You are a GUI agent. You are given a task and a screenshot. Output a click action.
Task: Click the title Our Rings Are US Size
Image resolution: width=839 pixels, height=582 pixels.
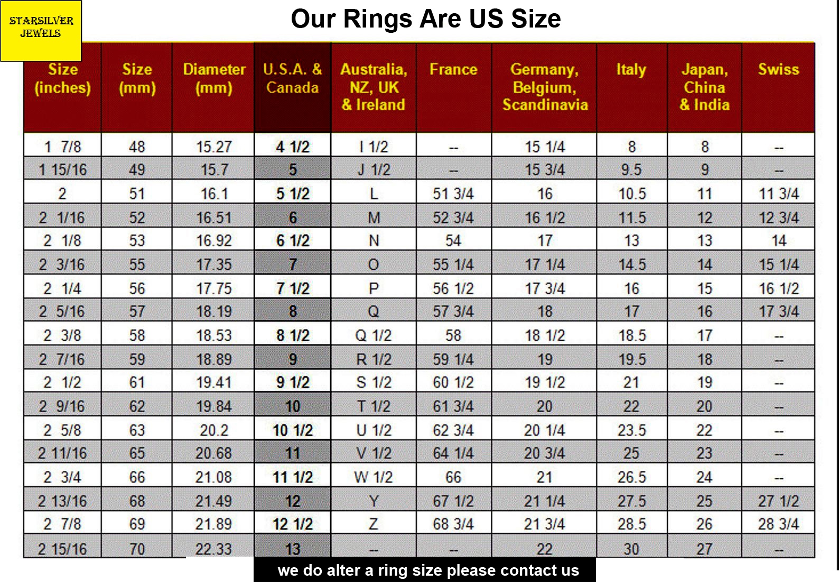click(x=425, y=19)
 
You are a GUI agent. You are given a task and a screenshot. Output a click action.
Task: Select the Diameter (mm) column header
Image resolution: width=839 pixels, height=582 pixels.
click(x=214, y=78)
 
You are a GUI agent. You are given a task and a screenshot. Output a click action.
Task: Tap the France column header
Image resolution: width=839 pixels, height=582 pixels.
click(x=453, y=70)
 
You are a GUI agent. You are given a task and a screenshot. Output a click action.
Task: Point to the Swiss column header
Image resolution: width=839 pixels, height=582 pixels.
click(x=778, y=70)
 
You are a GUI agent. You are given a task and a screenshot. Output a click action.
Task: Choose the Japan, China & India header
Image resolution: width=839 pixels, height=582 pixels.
click(x=704, y=87)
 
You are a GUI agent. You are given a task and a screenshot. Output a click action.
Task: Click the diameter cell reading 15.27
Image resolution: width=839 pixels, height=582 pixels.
click(x=214, y=147)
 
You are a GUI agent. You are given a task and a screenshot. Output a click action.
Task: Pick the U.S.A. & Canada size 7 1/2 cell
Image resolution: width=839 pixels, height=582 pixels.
click(x=293, y=289)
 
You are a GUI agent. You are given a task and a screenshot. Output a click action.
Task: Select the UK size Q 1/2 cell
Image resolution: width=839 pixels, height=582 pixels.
click(x=374, y=335)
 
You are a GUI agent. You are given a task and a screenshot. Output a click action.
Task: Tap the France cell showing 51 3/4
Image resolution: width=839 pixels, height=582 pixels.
click(x=453, y=194)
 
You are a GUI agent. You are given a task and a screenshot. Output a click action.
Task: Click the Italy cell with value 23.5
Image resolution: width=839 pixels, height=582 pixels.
click(x=632, y=430)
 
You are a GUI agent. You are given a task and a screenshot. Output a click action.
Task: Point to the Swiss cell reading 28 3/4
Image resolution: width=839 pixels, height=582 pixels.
click(x=778, y=524)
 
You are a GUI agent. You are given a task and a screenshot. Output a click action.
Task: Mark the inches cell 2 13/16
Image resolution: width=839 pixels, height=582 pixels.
click(x=62, y=501)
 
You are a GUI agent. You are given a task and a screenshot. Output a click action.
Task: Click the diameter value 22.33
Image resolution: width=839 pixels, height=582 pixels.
click(x=214, y=549)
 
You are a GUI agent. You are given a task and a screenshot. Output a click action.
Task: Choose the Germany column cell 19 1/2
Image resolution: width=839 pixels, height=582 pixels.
click(x=545, y=382)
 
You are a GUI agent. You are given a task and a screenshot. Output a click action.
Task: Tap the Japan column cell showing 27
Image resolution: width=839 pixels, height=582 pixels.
click(x=704, y=549)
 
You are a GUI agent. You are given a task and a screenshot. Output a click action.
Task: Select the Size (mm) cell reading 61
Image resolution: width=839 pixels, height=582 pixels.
click(x=137, y=382)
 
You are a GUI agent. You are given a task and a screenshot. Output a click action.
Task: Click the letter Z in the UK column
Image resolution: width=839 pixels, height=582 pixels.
click(x=374, y=524)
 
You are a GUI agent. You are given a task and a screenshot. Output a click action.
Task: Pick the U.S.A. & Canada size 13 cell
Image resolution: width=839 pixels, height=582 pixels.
click(x=293, y=549)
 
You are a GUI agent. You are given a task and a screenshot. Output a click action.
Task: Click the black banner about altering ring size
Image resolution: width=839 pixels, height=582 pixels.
click(x=425, y=570)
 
